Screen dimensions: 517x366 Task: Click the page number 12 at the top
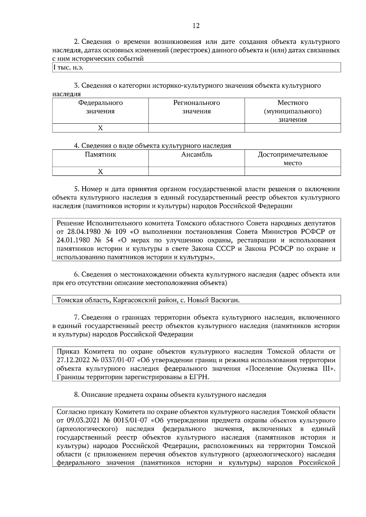tap(196, 26)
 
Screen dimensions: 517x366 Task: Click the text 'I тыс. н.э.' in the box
tap(68, 68)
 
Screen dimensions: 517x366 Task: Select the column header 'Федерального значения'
tap(100, 107)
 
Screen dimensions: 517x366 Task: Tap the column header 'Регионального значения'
tap(196, 107)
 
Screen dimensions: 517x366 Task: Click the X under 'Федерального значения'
tap(100, 128)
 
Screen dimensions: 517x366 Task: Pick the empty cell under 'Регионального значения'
tap(196, 128)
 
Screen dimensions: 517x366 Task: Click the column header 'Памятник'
tap(100, 155)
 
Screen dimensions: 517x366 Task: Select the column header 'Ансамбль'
tap(196, 155)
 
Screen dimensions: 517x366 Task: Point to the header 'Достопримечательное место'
tap(292, 159)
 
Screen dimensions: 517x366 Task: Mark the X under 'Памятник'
tap(100, 172)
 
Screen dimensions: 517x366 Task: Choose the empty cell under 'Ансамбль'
tap(196, 172)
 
